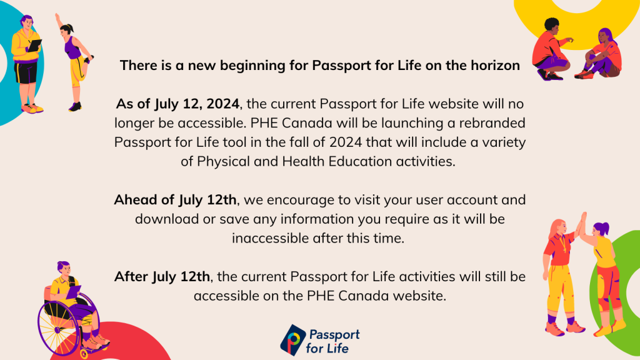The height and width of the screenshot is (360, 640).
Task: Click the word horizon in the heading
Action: pyautogui.click(x=494, y=65)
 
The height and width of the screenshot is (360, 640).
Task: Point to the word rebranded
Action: pyautogui.click(x=492, y=122)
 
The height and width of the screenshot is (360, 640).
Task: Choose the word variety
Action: pyautogui.click(x=499, y=142)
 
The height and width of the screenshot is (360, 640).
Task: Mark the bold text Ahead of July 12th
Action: pyautogui.click(x=175, y=200)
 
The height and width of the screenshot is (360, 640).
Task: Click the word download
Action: pyautogui.click(x=163, y=219)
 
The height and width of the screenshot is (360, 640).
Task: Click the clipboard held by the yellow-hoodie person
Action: pyautogui.click(x=35, y=46)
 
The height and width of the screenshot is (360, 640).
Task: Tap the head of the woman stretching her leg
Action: pyautogui.click(x=67, y=27)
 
